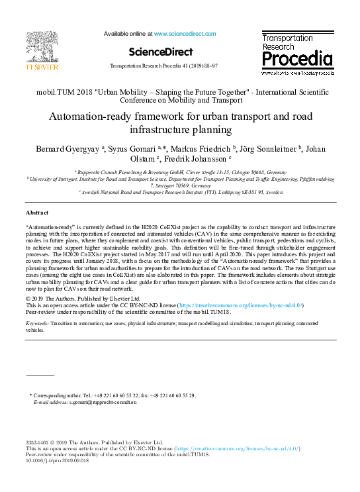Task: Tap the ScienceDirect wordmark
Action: tap(161, 52)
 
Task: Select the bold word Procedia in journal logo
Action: tap(297, 60)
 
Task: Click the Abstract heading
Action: tap(37, 213)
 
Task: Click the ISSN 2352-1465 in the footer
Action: tap(40, 442)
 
